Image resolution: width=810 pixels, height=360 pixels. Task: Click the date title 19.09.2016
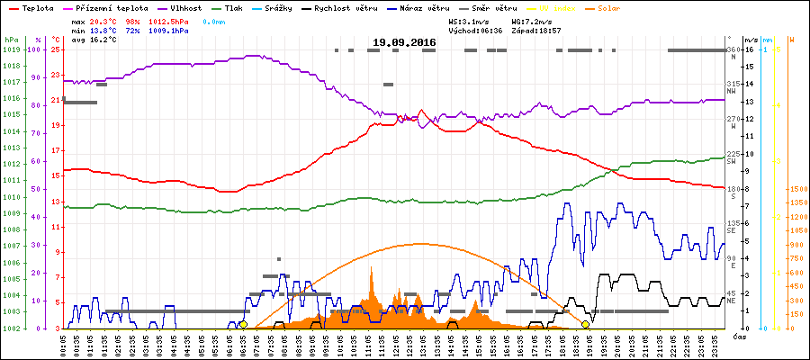405,42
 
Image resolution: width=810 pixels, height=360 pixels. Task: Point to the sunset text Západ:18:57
537,30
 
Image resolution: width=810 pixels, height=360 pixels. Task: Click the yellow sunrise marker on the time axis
243,324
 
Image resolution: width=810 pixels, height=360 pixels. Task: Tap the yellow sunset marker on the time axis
586,324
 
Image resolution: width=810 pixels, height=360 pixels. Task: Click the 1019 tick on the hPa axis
11,49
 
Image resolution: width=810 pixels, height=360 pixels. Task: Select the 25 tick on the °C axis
55,49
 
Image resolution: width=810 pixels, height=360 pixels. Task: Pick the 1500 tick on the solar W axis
773,189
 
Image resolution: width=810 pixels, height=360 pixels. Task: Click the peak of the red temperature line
421,111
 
